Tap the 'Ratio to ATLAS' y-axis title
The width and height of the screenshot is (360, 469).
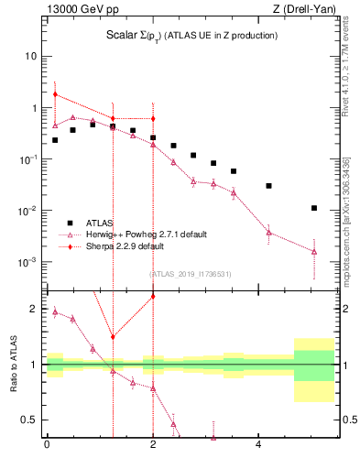pos(13,365)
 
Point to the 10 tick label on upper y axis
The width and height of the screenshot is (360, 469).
pos(30,56)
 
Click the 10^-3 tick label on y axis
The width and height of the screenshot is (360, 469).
pos(27,262)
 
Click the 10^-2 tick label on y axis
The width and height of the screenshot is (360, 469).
pos(27,211)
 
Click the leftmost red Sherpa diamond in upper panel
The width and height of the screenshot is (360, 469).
pos(55,94)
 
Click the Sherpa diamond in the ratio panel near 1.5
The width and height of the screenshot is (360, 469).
pos(113,337)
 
